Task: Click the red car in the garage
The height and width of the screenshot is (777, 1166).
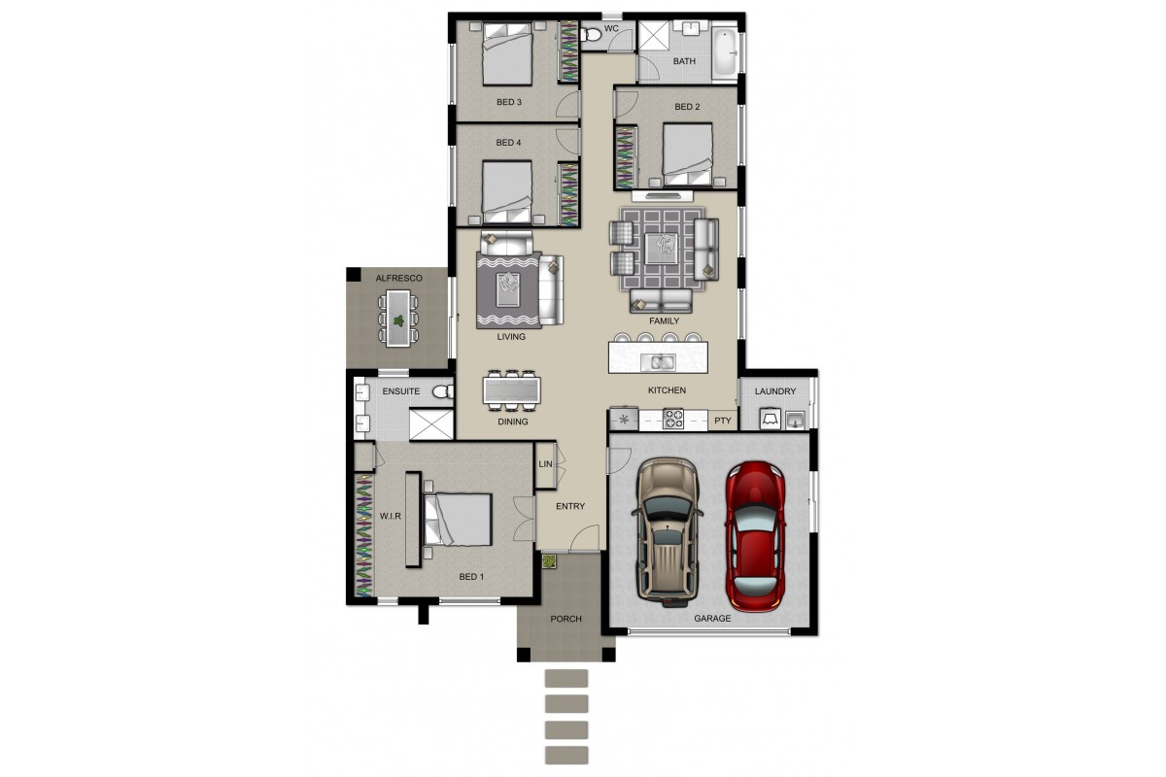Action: [x=755, y=536]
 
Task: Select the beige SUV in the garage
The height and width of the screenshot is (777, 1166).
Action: [x=668, y=532]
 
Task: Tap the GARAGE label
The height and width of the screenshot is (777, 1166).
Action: [x=712, y=619]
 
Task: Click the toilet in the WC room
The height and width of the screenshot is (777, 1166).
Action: [x=591, y=35]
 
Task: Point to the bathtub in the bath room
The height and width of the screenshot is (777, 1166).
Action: [x=725, y=52]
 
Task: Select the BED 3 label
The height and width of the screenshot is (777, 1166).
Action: [x=508, y=102]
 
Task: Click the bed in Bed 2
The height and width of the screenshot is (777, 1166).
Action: [x=687, y=154]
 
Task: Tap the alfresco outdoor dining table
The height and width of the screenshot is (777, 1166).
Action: [x=398, y=318]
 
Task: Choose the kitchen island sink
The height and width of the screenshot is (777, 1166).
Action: [x=658, y=361]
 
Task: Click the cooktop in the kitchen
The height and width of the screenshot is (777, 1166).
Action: [x=672, y=419]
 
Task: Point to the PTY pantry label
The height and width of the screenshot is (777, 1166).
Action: [x=723, y=421]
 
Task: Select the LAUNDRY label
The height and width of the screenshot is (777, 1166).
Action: [x=775, y=391]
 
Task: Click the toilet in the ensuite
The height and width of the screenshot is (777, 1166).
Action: [x=443, y=391]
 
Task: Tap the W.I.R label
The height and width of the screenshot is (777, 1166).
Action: [x=391, y=516]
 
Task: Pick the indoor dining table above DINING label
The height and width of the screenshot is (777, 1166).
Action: [x=512, y=390]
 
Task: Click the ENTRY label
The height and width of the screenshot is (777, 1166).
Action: [x=570, y=506]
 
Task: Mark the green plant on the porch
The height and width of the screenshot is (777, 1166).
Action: [x=549, y=561]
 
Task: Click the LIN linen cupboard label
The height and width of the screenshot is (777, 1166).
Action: [x=545, y=463]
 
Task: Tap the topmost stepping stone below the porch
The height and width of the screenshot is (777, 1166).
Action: [x=566, y=678]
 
